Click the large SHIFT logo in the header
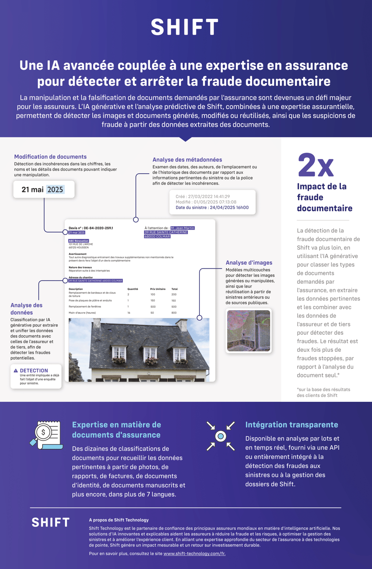(185, 27)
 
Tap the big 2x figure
(316, 165)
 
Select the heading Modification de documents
(50, 157)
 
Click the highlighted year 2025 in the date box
(55, 190)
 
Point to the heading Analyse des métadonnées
(187, 160)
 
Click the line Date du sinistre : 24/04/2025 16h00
(212, 208)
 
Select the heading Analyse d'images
(249, 262)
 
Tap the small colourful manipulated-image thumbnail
(249, 331)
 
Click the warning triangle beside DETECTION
(16, 371)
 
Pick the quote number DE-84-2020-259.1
(98, 228)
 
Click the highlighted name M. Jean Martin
(182, 228)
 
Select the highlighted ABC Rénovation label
(79, 241)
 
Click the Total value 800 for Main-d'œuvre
(174, 313)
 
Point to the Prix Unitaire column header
(158, 289)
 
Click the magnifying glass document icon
(46, 435)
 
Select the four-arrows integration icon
(221, 436)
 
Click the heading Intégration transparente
(291, 425)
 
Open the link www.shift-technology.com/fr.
(194, 554)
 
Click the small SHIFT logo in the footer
(50, 523)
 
